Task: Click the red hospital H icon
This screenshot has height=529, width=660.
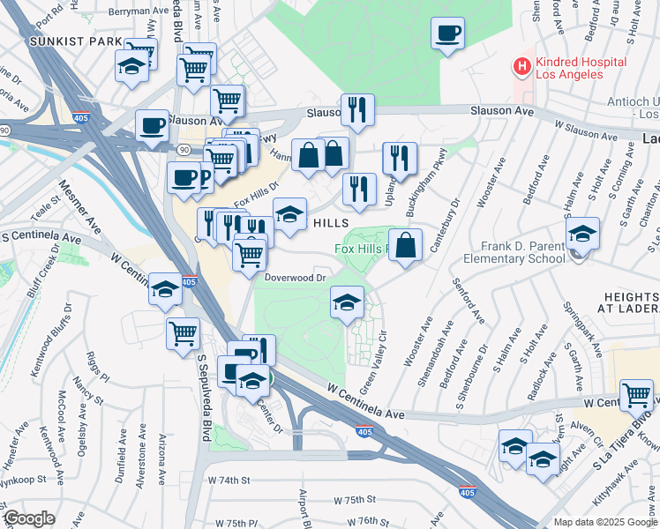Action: (x=522, y=66)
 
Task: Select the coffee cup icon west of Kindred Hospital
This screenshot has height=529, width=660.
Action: (x=447, y=34)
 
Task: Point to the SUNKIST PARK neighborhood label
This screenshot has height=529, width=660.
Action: (x=63, y=41)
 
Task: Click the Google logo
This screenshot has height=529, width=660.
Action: (x=29, y=518)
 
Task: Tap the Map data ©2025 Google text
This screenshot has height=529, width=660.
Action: (x=604, y=522)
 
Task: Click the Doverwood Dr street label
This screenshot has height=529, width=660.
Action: (x=296, y=277)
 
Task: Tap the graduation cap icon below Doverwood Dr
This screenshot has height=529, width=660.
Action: (x=347, y=302)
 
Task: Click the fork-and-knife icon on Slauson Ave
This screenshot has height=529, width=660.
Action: (x=357, y=110)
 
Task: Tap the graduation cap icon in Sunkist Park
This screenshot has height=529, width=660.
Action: (x=131, y=66)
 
